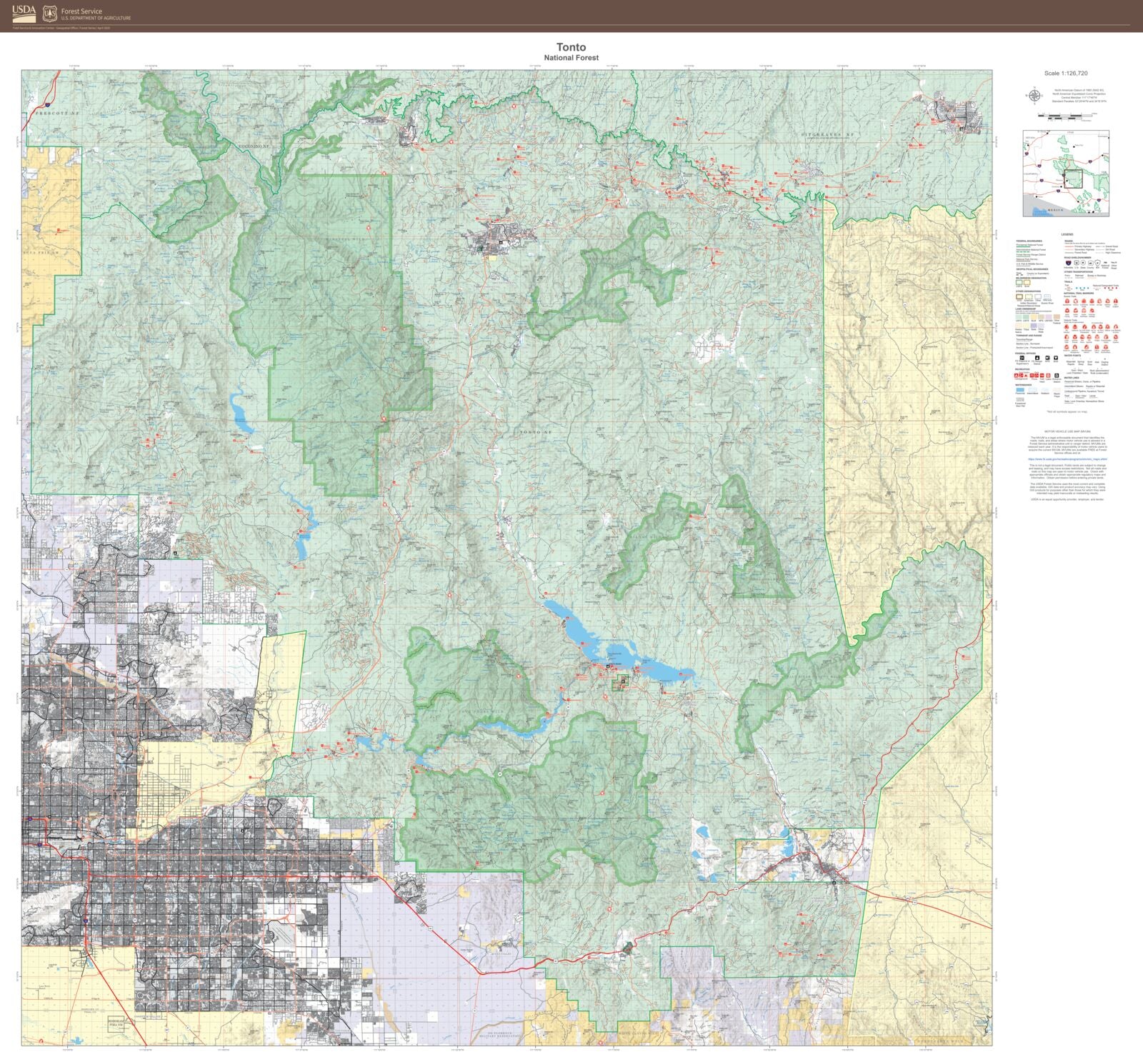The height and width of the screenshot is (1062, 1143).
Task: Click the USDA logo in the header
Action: [x=24, y=13]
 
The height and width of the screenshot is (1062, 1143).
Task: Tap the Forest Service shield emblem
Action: [x=50, y=14]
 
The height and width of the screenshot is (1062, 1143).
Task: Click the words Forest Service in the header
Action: [x=81, y=11]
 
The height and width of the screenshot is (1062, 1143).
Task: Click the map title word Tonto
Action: [x=571, y=47]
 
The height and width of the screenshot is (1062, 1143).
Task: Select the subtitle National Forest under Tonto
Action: [x=571, y=58]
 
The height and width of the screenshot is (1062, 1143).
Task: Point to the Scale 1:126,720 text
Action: [x=1065, y=74]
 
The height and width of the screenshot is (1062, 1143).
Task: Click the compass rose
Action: [x=1033, y=94]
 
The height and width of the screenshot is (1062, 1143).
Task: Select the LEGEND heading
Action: [x=1067, y=234]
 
